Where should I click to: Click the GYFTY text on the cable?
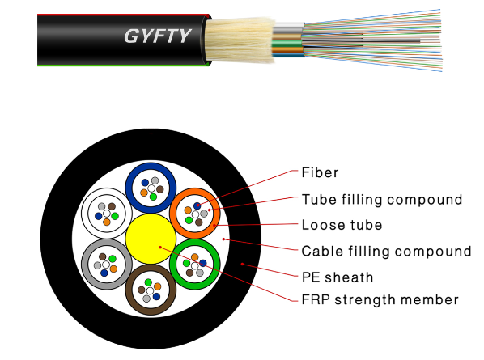158,36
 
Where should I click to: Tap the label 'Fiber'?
320,172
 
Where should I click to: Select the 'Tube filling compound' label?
382,200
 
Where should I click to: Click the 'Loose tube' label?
342,225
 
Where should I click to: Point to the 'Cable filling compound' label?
386,251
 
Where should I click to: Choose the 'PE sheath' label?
338,277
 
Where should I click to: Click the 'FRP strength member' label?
380,299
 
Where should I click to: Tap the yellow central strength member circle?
151,239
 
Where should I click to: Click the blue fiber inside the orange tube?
197,205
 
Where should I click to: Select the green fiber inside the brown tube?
148,282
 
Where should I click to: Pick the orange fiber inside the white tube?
107,222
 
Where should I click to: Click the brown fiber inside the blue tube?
160,189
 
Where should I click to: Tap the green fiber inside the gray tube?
113,259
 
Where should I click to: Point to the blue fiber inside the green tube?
203,263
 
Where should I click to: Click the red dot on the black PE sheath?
242,264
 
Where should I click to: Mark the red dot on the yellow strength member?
160,247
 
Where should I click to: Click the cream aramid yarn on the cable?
240,40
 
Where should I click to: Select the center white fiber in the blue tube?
151,188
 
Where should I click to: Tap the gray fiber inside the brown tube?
146,299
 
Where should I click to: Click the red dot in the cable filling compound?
223,239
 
